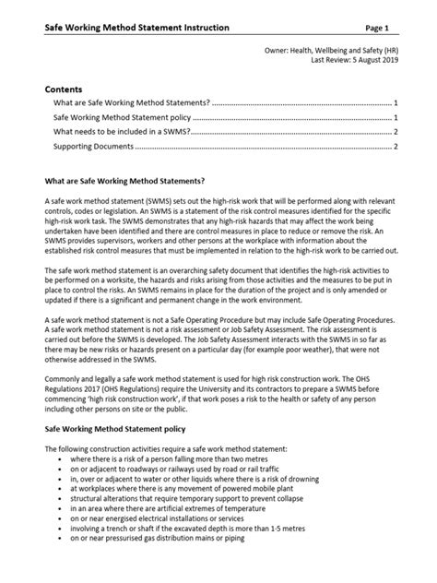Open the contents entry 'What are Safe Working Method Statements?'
(132, 103)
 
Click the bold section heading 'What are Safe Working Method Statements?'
(130, 181)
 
